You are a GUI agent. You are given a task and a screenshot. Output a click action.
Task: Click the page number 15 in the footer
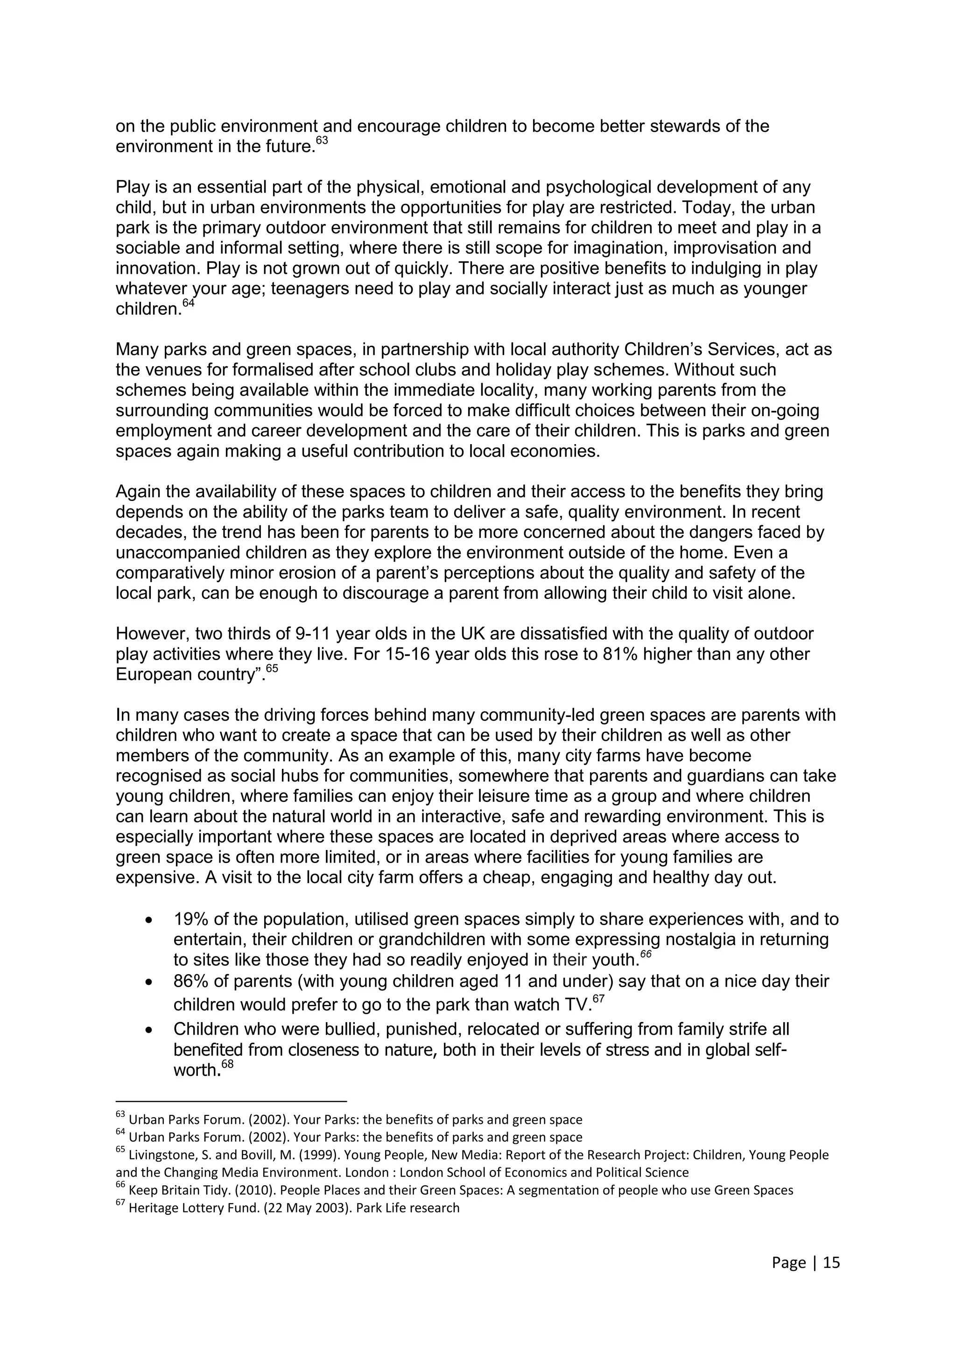(x=831, y=1263)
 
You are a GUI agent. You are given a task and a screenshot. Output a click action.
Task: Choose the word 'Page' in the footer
(x=789, y=1263)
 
